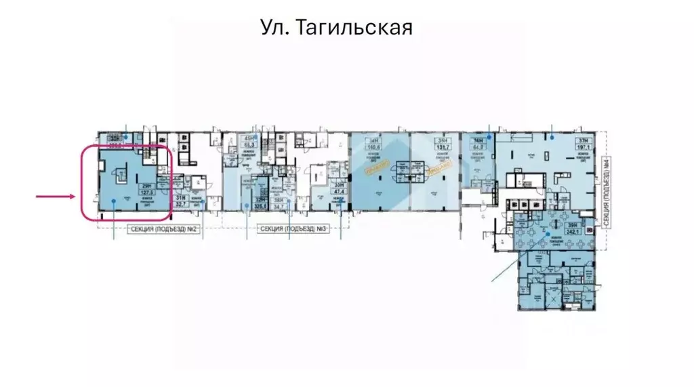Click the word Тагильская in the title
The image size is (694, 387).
(354, 28)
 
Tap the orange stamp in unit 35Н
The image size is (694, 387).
(441, 167)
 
